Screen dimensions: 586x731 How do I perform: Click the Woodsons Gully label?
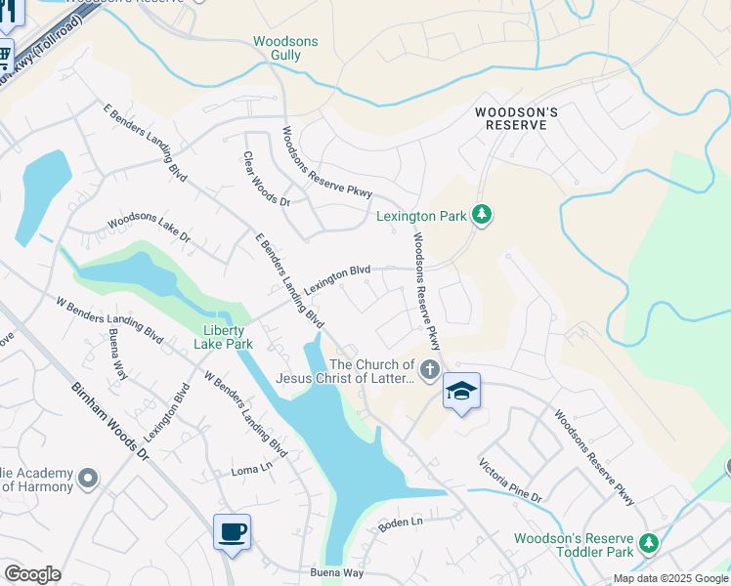(285, 49)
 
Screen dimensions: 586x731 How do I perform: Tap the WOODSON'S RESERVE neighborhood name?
(516, 120)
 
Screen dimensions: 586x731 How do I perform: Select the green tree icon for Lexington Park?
(480, 214)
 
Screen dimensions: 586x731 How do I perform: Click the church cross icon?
(428, 370)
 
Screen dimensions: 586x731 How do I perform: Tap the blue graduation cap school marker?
(461, 392)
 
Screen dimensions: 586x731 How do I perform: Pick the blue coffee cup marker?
(232, 532)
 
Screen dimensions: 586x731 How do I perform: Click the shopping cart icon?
(5, 55)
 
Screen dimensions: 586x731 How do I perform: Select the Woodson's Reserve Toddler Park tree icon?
(646, 542)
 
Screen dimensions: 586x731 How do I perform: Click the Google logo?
(32, 574)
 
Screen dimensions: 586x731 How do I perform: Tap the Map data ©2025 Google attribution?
(669, 578)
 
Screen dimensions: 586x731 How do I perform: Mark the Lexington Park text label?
(421, 216)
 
